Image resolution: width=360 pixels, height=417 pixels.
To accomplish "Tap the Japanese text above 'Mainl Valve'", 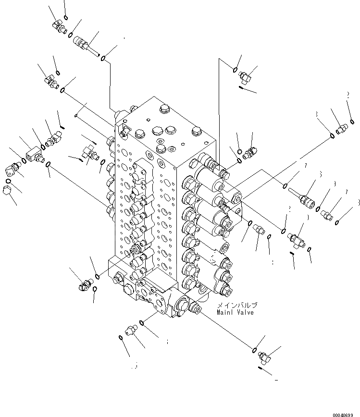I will (238, 305).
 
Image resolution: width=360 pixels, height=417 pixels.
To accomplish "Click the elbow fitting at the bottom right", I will (265, 356).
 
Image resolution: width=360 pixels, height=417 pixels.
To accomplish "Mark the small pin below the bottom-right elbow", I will (262, 369).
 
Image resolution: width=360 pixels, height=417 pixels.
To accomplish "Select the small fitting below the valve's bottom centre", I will (130, 330).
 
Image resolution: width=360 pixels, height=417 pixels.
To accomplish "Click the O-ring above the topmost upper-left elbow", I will (66, 18).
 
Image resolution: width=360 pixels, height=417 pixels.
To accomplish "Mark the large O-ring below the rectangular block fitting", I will (49, 166).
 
